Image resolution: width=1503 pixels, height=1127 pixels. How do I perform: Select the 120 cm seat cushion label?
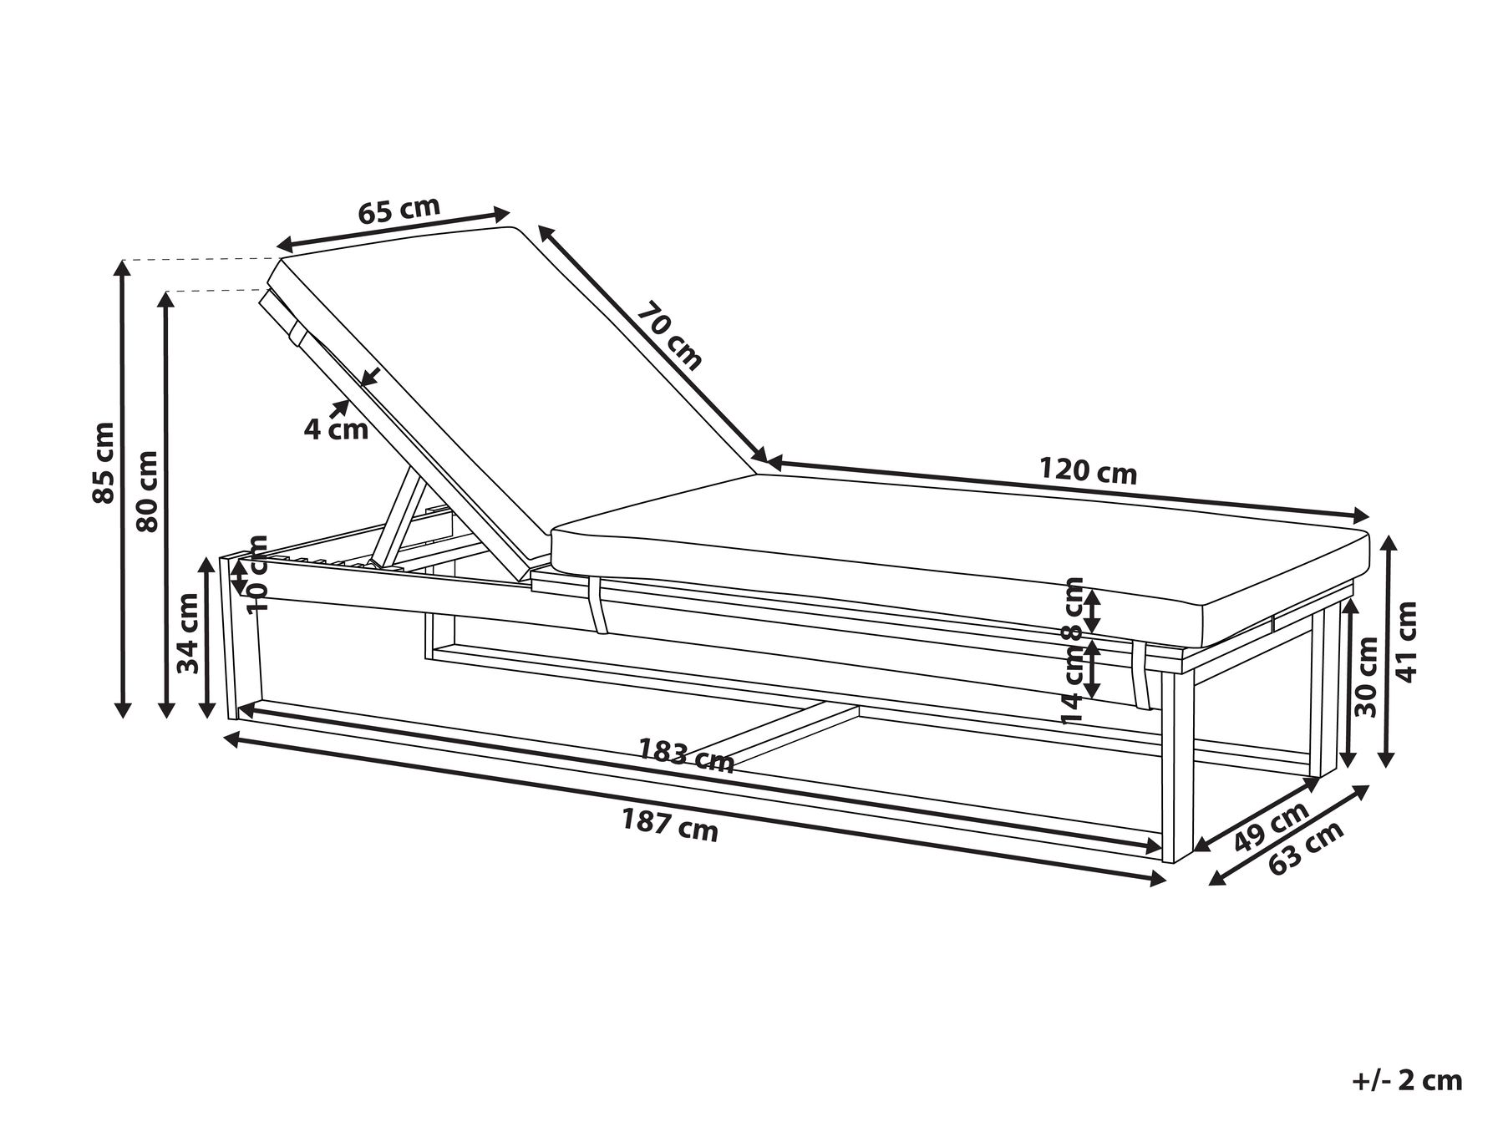1088,470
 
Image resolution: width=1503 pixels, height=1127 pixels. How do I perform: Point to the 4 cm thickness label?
336,429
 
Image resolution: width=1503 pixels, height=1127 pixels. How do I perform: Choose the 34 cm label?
189,632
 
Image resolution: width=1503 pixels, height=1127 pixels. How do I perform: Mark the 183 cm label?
686,756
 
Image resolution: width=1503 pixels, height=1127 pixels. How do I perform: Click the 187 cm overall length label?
669,826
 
